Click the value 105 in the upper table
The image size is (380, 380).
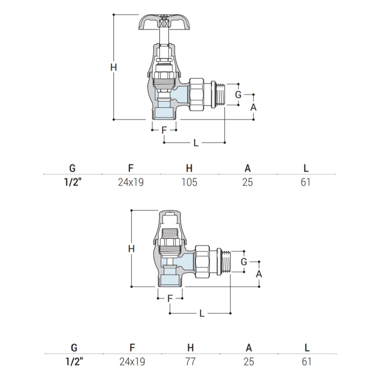(x=189, y=182)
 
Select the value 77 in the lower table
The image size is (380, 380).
(x=190, y=362)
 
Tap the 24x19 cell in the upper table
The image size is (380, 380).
(x=131, y=182)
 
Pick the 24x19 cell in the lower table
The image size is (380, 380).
(x=132, y=362)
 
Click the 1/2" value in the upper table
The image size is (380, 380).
(x=73, y=182)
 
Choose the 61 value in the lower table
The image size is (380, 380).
(x=307, y=362)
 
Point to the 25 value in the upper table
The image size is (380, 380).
(x=247, y=182)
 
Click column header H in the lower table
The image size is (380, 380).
(x=190, y=348)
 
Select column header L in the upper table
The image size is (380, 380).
(x=306, y=168)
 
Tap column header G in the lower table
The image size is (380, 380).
(x=74, y=348)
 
